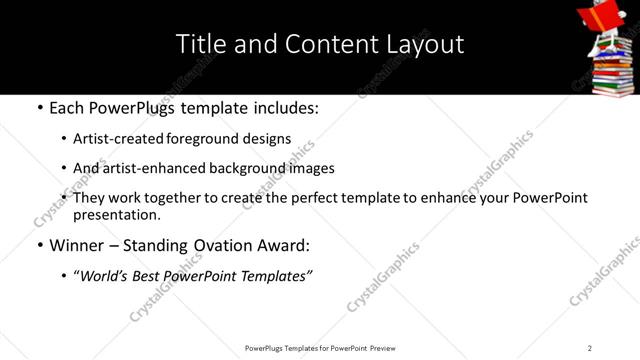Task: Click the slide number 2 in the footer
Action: coord(590,348)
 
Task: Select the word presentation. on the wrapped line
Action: coord(117,214)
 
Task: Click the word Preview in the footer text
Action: coord(381,348)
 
